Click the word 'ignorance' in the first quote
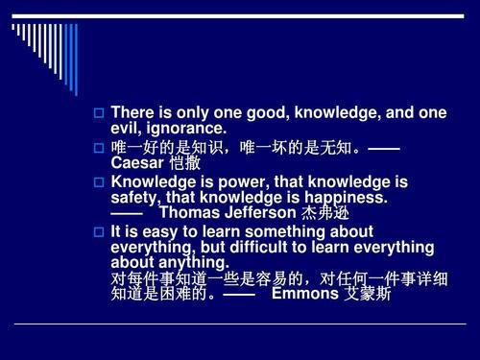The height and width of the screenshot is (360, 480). click(x=190, y=128)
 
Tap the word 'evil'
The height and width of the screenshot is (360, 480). click(x=128, y=128)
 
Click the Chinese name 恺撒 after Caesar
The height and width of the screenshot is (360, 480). click(x=185, y=163)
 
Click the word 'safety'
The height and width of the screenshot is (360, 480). click(x=137, y=197)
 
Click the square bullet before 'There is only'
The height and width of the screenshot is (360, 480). click(x=97, y=114)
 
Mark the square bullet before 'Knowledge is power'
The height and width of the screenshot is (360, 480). click(x=97, y=180)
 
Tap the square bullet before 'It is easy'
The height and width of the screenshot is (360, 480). click(x=97, y=232)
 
